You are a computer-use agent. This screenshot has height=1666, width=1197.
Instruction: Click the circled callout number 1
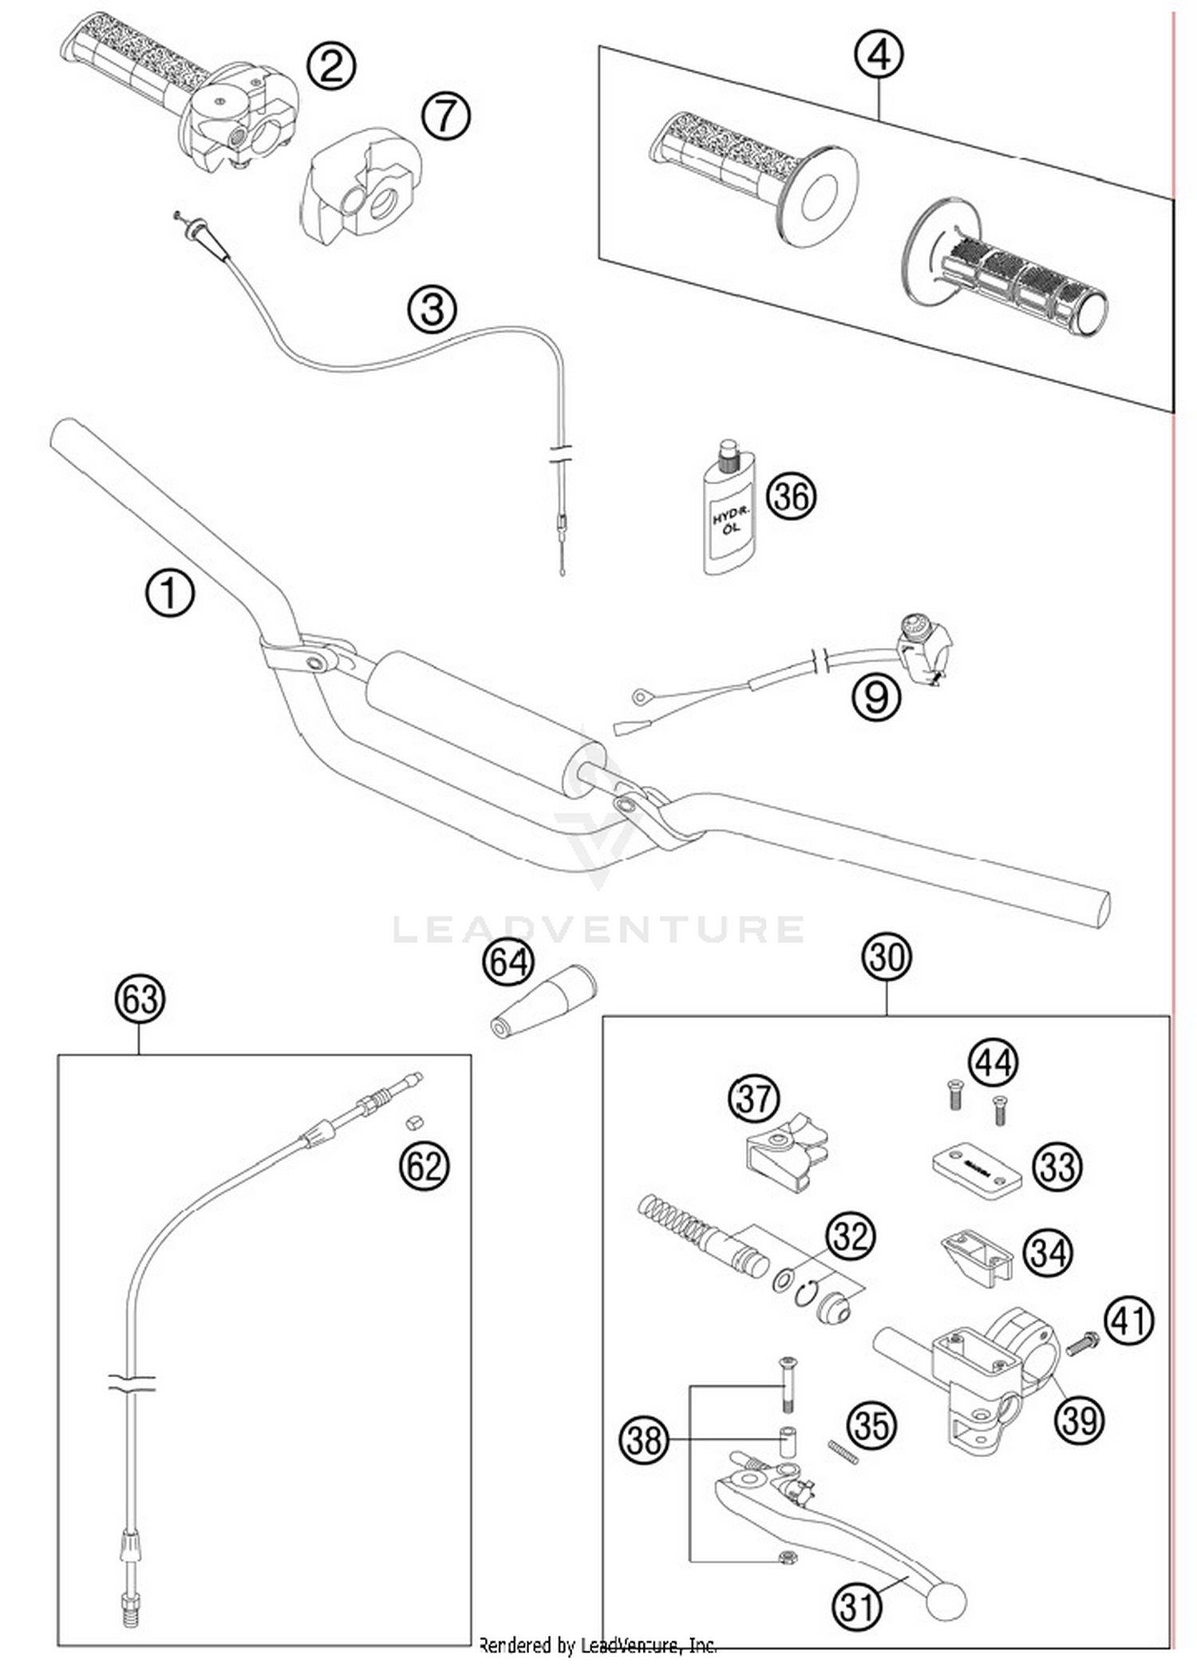coord(169,594)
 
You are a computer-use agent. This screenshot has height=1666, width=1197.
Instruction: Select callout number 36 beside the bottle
coord(791,495)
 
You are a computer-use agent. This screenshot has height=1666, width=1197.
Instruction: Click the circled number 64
coord(508,961)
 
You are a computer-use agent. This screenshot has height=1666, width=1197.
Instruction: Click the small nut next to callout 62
coord(413,1123)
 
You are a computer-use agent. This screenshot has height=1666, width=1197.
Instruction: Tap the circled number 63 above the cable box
coord(140,999)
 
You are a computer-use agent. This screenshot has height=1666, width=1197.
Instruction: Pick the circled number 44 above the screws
coord(993,1063)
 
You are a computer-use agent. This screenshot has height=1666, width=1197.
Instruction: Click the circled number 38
coord(643,1440)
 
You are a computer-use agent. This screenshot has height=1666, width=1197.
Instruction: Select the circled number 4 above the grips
coord(879,55)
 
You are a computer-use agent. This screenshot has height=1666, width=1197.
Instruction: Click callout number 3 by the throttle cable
coord(433,309)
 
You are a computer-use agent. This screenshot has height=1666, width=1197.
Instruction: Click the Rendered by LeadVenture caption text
coord(597,1644)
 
